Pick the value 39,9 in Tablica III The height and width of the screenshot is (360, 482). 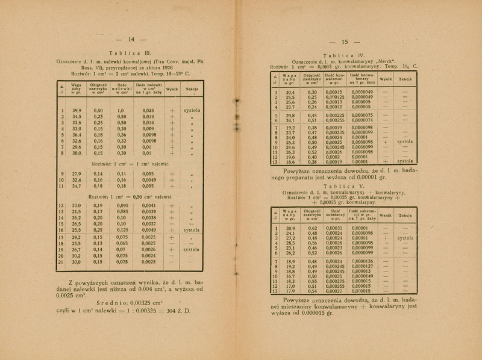[x=77, y=111]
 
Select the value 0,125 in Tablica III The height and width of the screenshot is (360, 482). [x=122, y=229]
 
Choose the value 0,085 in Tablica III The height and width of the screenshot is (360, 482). [x=122, y=211]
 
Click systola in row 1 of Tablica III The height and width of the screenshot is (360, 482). [x=192, y=111]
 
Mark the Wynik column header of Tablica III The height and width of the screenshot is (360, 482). [x=172, y=90]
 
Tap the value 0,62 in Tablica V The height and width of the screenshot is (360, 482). [x=312, y=228]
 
